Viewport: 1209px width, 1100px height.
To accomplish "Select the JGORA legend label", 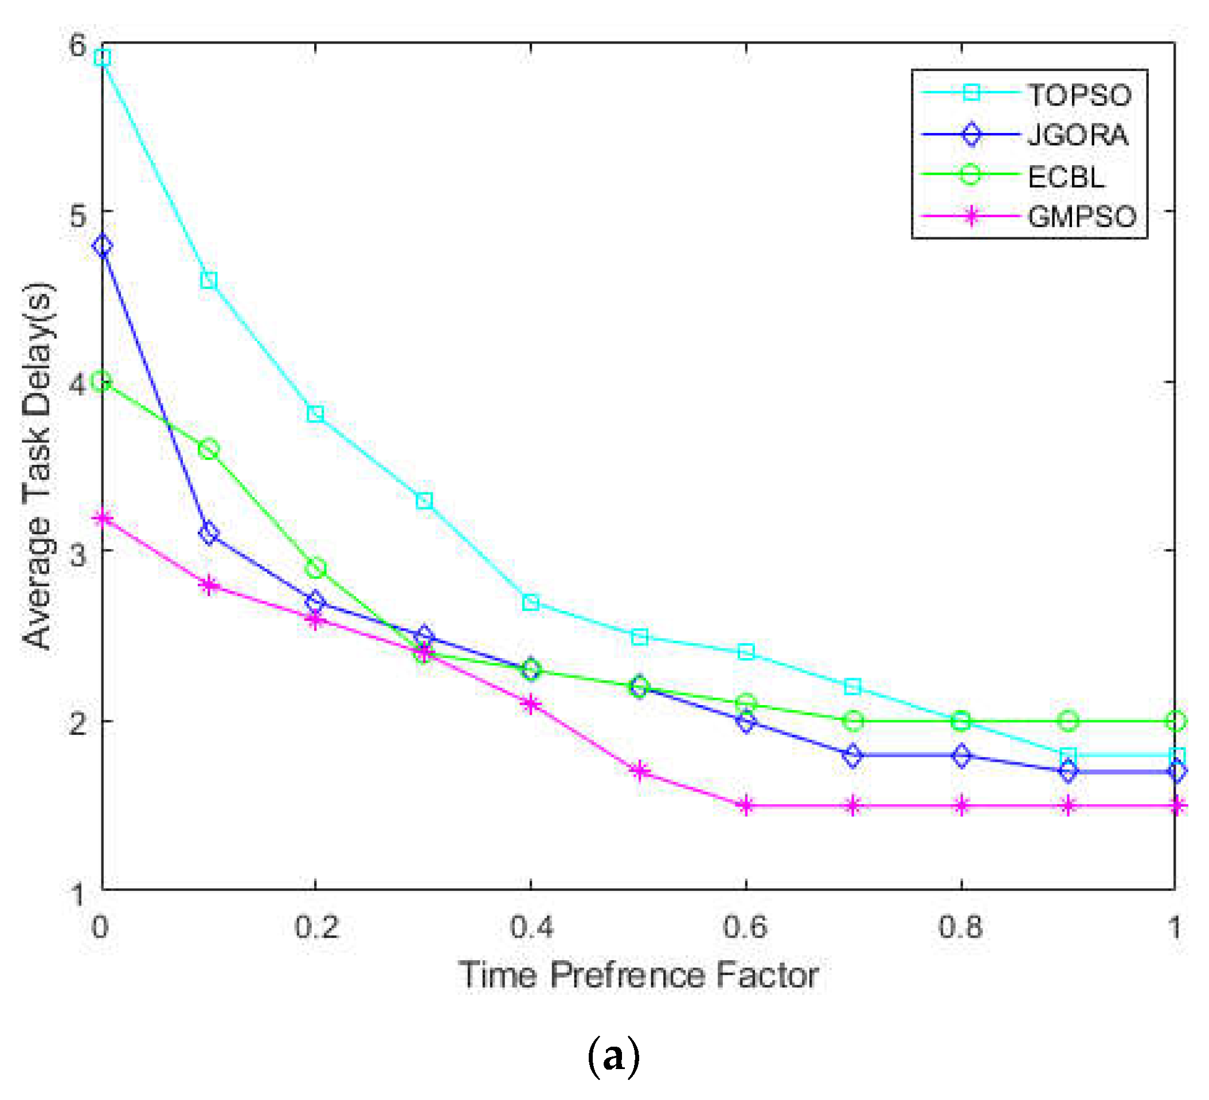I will pyautogui.click(x=1078, y=135).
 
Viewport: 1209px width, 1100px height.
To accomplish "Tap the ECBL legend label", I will pyautogui.click(x=1066, y=177).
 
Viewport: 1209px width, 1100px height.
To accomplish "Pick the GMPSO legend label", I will pyautogui.click(x=1082, y=217).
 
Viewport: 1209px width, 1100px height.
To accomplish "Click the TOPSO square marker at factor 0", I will pyautogui.click(x=103, y=57).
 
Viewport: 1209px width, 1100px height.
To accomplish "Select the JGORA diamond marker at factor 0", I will pyautogui.click(x=103, y=245).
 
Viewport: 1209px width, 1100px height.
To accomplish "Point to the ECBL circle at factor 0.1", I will pyautogui.click(x=209, y=449).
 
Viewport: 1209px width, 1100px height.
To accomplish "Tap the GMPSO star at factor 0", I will pyautogui.click(x=103, y=518).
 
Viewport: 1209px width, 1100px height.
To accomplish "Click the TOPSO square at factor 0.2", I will pyautogui.click(x=315, y=413).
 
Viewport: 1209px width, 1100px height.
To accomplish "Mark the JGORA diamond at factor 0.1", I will pyautogui.click(x=209, y=533).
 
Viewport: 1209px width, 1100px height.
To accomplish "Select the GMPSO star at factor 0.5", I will pyautogui.click(x=640, y=771).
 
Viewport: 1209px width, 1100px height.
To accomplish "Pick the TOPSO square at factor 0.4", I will pyautogui.click(x=531, y=602).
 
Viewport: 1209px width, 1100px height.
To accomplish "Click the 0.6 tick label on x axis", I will pyautogui.click(x=745, y=927).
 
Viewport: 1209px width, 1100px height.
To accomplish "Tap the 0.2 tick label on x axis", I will pyautogui.click(x=316, y=927).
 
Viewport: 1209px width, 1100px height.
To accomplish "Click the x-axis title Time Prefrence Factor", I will pyautogui.click(x=638, y=975).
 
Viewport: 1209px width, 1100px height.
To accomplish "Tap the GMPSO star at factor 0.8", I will pyautogui.click(x=961, y=805).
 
